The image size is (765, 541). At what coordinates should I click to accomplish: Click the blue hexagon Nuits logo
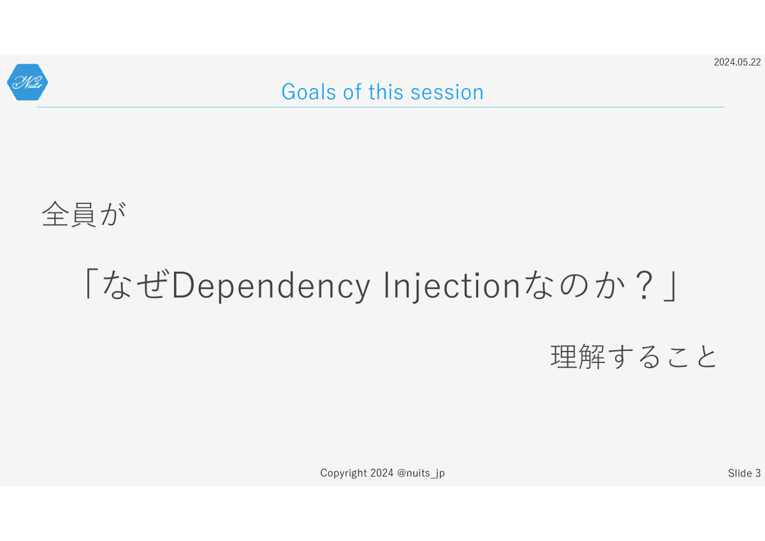[x=27, y=82]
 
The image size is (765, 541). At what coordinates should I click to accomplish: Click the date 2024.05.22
[x=737, y=62]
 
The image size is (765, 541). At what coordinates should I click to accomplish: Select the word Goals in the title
[x=309, y=92]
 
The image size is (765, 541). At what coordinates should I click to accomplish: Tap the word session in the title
[x=447, y=92]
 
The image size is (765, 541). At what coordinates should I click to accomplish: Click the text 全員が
[x=84, y=214]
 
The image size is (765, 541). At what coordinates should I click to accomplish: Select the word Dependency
[x=271, y=286]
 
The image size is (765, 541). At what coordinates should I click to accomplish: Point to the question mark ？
[x=643, y=285]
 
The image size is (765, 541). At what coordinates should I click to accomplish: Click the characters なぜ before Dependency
[x=136, y=284]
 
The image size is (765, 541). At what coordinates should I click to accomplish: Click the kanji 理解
[x=578, y=357]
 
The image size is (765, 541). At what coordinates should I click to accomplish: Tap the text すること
[x=662, y=357]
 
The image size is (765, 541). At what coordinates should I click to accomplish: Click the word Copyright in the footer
[x=344, y=473]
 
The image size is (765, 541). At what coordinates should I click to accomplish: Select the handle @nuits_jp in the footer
[x=421, y=473]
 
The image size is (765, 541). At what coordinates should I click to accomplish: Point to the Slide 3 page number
[x=744, y=473]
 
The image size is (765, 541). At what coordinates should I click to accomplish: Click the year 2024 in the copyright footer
[x=382, y=473]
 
